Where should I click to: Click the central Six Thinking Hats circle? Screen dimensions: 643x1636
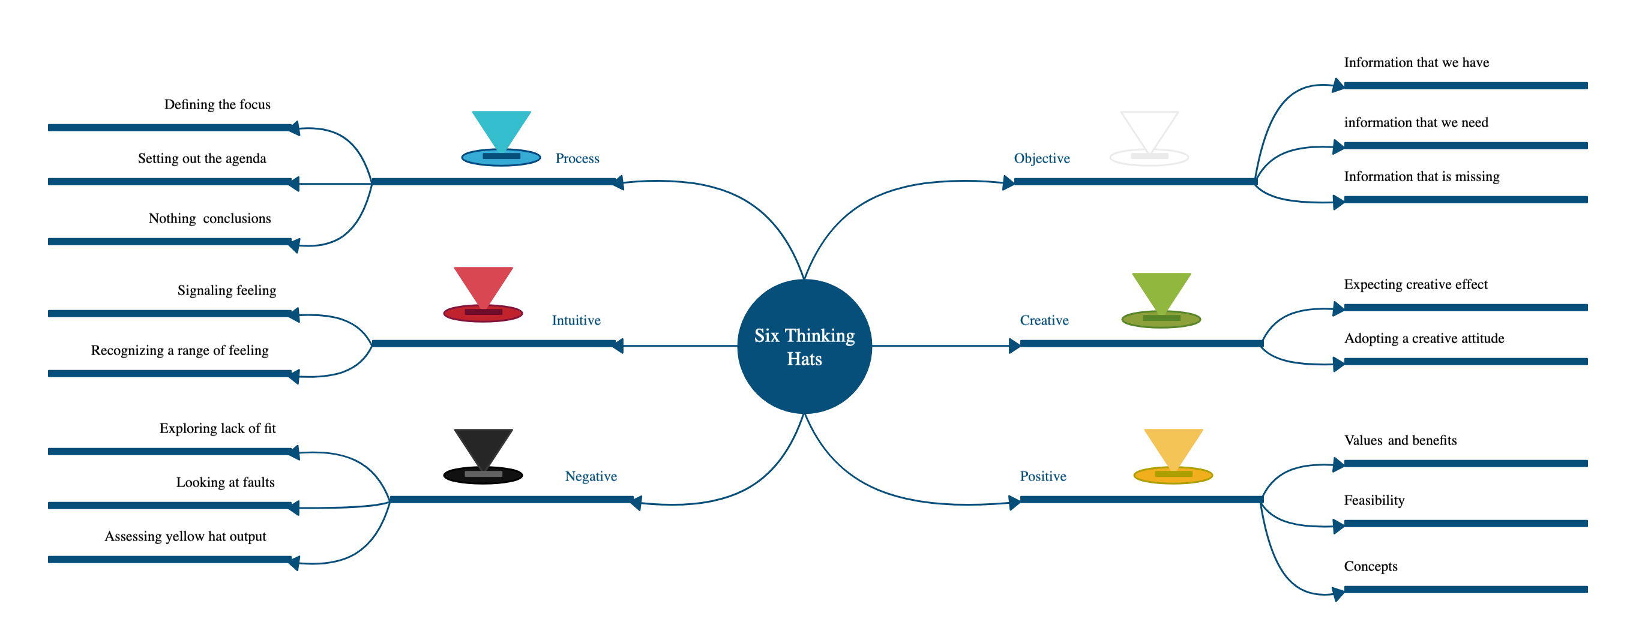pos(804,346)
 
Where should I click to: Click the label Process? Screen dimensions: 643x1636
pos(577,158)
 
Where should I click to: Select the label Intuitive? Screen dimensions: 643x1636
pos(576,320)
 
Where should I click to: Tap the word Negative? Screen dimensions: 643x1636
pos(591,476)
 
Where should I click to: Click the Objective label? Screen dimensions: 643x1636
pos(1041,158)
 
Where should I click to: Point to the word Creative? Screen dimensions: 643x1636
pos(1044,320)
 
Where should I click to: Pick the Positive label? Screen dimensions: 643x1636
pos(1043,476)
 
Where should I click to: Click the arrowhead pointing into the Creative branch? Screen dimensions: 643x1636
pos(1014,346)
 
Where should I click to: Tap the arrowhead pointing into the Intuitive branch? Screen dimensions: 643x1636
pos(618,346)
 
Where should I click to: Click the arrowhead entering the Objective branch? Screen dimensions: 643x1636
pos(1008,183)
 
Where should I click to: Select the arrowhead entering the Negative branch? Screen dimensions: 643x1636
pos(635,503)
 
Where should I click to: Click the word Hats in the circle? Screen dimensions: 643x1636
pos(804,359)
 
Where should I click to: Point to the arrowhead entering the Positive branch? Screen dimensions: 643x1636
pos(1014,503)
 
